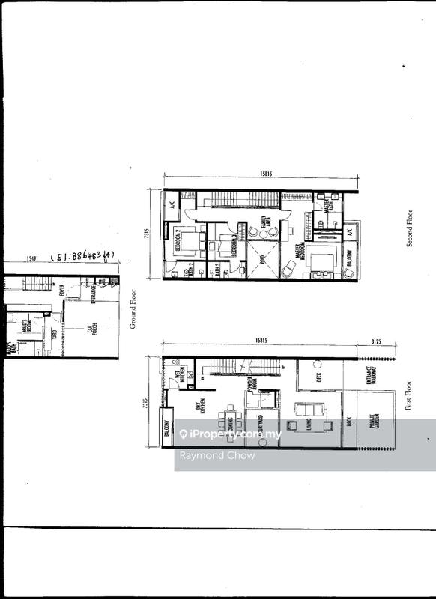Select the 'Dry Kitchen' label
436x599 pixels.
coord(199,409)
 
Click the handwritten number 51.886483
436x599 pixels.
coord(83,258)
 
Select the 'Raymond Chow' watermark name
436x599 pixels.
coord(206,455)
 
